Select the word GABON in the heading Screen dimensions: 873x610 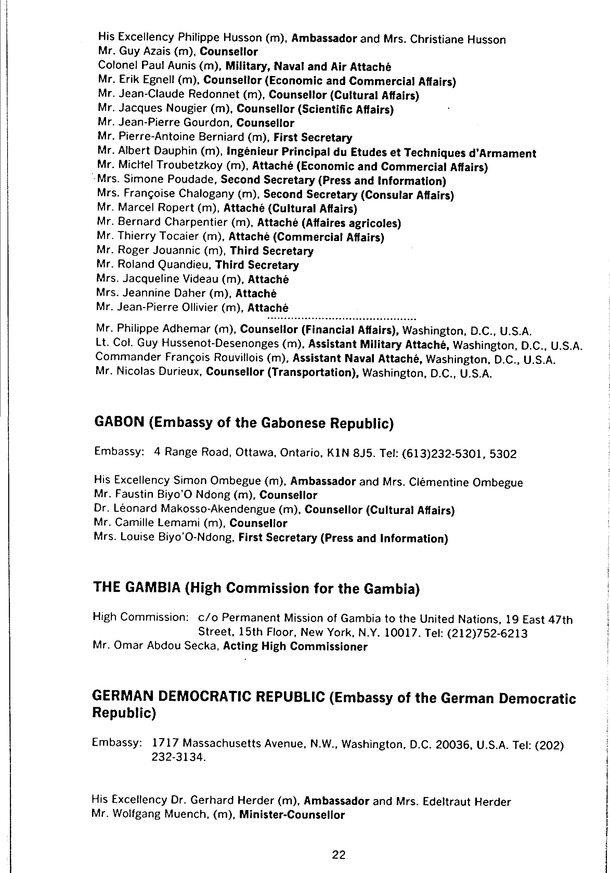(x=119, y=422)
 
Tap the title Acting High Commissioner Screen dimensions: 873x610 (x=295, y=647)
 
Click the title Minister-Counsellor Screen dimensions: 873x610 (x=292, y=815)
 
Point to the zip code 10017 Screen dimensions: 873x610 (x=399, y=633)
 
